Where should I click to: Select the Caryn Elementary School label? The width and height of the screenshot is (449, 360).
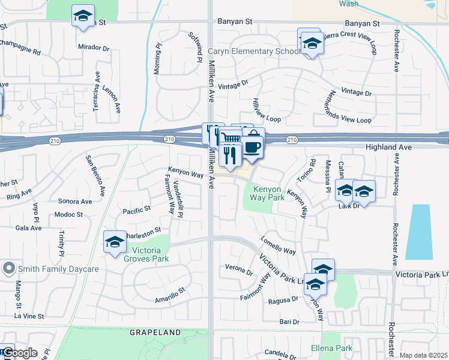point(254,52)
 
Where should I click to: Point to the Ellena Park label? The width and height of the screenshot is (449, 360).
point(331,348)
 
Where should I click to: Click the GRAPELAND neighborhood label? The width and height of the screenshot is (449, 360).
point(155,332)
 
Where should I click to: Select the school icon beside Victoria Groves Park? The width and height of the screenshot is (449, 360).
point(114,242)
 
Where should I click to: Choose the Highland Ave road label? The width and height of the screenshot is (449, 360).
point(388,147)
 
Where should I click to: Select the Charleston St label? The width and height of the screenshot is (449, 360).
point(142,230)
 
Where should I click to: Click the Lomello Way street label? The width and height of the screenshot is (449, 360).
point(278,246)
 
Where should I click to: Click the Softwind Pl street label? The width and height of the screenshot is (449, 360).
point(196,47)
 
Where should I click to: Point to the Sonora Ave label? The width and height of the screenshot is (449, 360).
point(74,202)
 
